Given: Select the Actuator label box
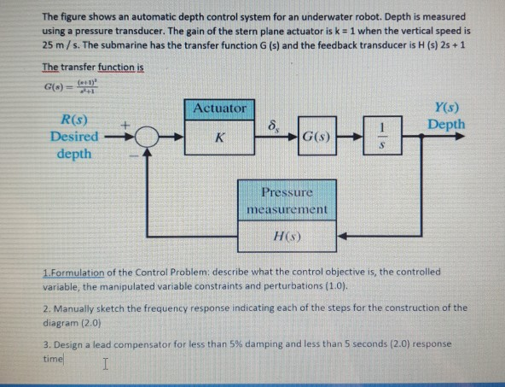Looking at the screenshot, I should (x=220, y=108).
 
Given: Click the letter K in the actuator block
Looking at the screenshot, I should (x=220, y=137).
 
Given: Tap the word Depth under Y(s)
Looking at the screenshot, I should (x=447, y=125).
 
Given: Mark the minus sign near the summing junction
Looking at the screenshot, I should (x=133, y=156).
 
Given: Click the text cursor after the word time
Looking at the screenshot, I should (x=104, y=365).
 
